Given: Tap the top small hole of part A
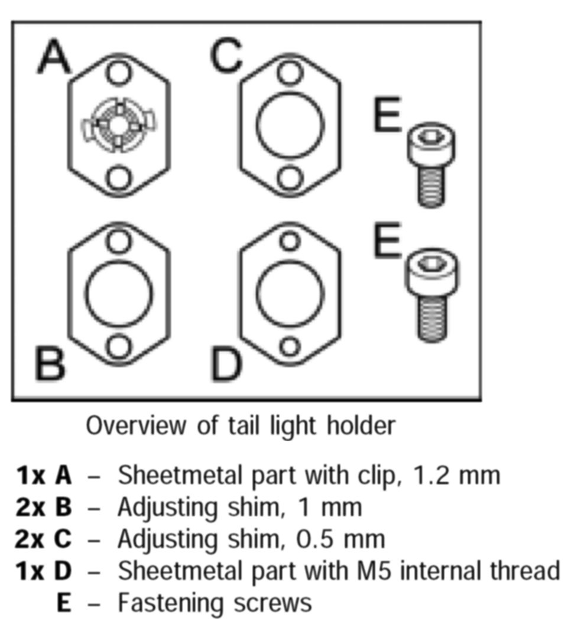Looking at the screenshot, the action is pos(119,73).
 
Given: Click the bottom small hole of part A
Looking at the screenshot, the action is pos(119,176).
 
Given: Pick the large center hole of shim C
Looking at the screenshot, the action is pos(290,125).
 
